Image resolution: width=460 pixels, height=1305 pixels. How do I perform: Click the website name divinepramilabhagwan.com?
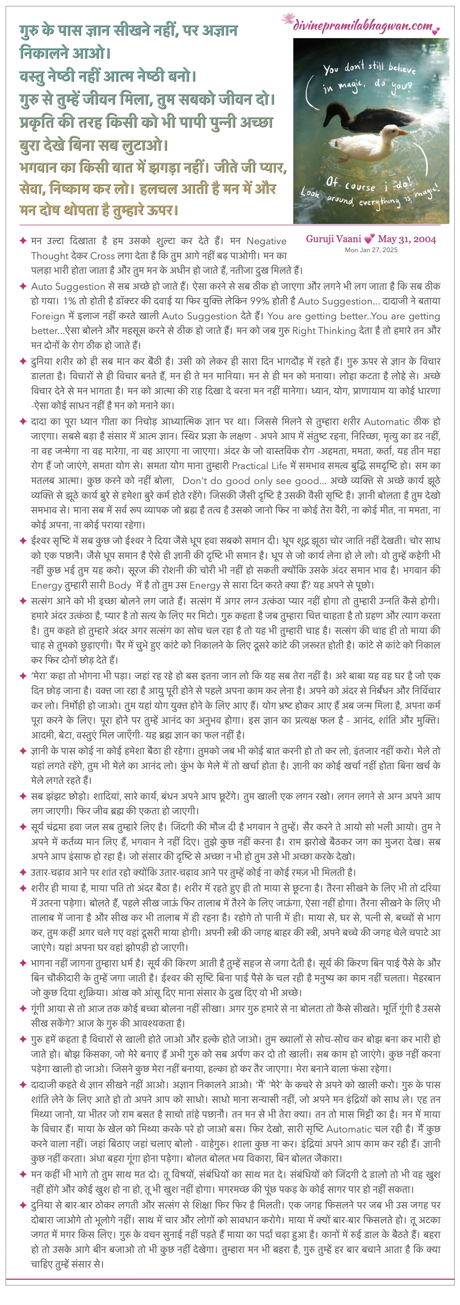point(363,26)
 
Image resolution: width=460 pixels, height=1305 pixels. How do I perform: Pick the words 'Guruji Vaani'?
point(333,239)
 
